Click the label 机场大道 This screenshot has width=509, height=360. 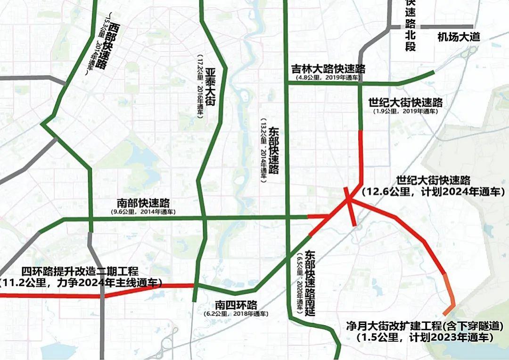pos(458,37)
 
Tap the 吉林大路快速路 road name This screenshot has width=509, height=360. pos(328,69)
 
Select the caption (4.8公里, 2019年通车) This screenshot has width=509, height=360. pos(328,77)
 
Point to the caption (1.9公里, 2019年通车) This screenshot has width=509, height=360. pos(405,111)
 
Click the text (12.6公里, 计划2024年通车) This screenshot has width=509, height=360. pos(433,192)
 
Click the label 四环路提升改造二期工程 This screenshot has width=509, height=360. pos(80,272)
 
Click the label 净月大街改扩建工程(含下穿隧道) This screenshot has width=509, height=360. pos(425,327)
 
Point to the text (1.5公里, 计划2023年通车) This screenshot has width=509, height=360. pos(425,337)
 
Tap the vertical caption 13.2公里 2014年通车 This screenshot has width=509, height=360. pos(264,148)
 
